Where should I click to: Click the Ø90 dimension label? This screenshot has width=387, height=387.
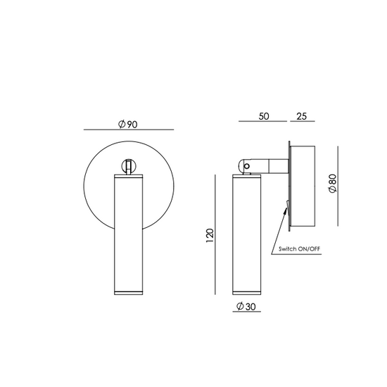tap(128, 124)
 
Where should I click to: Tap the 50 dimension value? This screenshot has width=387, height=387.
tap(264, 116)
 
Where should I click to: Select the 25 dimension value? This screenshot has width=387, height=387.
tap(301, 116)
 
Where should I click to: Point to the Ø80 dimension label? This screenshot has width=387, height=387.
tap(333, 184)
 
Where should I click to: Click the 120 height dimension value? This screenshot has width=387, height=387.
tap(210, 236)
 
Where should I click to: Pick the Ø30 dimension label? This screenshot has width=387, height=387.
tap(246, 306)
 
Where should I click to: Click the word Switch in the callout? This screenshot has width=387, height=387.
tap(287, 249)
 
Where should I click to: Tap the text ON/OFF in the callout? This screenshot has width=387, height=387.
tap(309, 249)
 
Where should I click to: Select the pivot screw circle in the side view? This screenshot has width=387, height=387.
tap(246, 166)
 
